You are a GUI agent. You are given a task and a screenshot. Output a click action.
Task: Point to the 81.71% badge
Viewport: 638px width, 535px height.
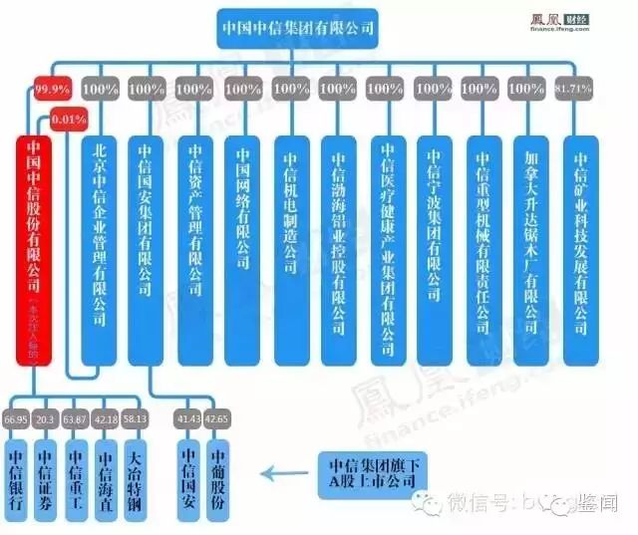[x=579, y=88]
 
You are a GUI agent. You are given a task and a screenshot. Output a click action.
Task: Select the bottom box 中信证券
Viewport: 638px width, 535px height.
[x=45, y=481]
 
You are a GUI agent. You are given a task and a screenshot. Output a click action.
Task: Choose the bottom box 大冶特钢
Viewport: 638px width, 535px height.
[x=136, y=481]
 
